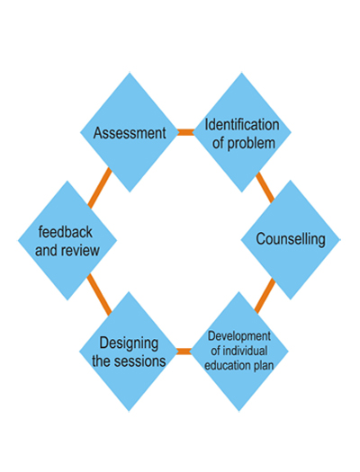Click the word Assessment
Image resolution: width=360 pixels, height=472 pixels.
click(130, 133)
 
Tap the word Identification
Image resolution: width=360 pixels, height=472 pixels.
click(242, 125)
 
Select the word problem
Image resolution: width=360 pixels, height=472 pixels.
click(251, 144)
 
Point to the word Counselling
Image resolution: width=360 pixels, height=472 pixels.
click(291, 239)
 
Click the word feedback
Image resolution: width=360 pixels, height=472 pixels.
click(66, 232)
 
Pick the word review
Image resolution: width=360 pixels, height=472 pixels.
click(80, 251)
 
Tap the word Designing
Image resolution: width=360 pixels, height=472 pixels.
click(129, 343)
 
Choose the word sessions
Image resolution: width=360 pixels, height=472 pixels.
click(141, 361)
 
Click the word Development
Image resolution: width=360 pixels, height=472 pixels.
click(239, 336)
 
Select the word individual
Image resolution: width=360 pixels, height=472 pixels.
click(245, 351)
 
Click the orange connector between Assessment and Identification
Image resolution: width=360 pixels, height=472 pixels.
click(185, 132)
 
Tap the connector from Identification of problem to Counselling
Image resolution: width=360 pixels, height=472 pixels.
click(265, 187)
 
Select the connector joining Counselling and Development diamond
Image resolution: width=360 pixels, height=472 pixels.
click(265, 296)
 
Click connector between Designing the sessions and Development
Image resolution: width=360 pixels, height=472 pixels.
click(184, 352)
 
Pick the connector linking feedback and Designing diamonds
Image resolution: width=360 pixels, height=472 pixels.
click(99, 295)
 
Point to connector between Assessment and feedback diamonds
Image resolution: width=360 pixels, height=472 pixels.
click(100, 188)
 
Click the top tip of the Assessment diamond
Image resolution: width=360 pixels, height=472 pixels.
click(130, 72)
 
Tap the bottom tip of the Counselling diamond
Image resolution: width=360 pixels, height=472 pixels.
click(291, 299)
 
